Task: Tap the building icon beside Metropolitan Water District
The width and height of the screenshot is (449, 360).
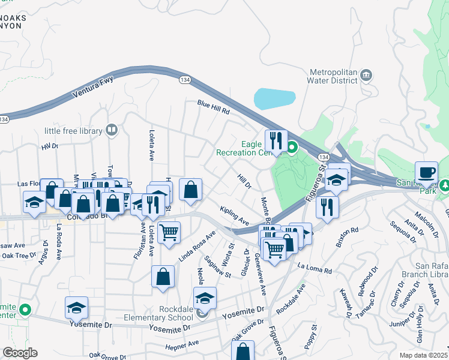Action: [366, 75]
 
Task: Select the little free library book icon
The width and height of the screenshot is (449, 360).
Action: [111, 130]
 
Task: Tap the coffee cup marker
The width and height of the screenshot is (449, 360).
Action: [427, 172]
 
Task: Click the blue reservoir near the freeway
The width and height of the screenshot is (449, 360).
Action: [275, 97]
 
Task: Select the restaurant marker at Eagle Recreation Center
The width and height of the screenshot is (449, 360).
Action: [276, 140]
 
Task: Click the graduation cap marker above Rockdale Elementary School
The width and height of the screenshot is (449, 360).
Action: [205, 298]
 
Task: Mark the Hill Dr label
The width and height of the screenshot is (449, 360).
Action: [244, 181]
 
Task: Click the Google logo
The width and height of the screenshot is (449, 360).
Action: [20, 353]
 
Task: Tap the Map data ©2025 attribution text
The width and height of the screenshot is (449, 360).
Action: [423, 355]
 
